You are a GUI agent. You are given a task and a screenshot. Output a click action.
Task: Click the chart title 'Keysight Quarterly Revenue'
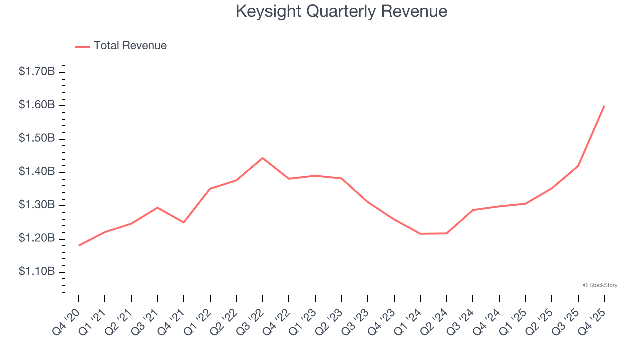click(x=341, y=11)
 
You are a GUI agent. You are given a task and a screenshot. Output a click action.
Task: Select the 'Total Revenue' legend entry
click(x=130, y=46)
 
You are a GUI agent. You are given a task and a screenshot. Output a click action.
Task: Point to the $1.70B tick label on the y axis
click(x=37, y=72)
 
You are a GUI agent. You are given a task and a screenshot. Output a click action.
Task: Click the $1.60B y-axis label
click(x=37, y=105)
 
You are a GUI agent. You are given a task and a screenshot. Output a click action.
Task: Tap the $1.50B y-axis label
click(x=37, y=138)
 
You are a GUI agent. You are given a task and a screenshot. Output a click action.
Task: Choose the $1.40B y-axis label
click(x=37, y=172)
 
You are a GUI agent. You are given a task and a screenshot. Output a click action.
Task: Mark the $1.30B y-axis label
click(x=37, y=205)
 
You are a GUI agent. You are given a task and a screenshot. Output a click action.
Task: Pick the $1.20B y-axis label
click(x=37, y=238)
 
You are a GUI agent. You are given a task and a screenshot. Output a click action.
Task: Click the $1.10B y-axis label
click(x=37, y=272)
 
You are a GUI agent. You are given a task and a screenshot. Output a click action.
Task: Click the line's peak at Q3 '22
click(x=263, y=158)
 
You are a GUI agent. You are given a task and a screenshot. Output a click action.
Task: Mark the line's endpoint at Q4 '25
click(x=604, y=106)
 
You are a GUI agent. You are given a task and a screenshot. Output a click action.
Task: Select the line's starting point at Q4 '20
click(x=79, y=245)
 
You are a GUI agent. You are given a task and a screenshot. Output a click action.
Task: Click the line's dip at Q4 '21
click(x=184, y=222)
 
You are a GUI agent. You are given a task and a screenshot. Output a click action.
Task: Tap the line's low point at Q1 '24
click(x=420, y=234)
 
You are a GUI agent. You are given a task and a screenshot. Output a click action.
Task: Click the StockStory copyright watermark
click(x=600, y=285)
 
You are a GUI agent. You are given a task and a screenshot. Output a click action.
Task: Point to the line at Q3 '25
click(x=578, y=166)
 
